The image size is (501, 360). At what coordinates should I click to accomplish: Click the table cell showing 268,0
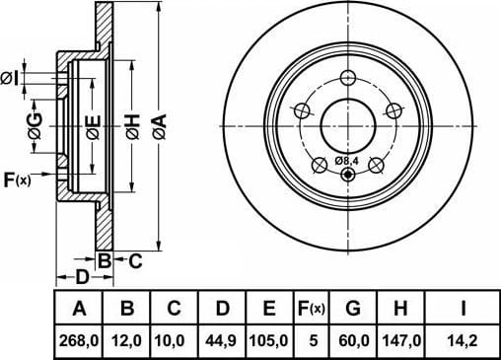[x=79, y=340]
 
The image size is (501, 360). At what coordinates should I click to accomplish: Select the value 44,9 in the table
[x=221, y=340]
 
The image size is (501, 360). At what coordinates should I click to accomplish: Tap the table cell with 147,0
[x=401, y=340]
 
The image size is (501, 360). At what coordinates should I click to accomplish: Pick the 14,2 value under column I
[x=463, y=340]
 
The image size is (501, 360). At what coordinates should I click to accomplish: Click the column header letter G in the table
[x=353, y=309]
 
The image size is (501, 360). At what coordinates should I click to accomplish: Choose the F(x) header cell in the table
[x=311, y=309]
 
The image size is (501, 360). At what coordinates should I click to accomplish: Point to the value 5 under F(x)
[x=314, y=340]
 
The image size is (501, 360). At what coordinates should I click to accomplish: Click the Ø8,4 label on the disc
[x=346, y=161]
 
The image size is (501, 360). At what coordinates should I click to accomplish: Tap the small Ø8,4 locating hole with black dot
[x=348, y=175]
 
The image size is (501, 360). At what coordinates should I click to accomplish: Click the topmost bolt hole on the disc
[x=348, y=78]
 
